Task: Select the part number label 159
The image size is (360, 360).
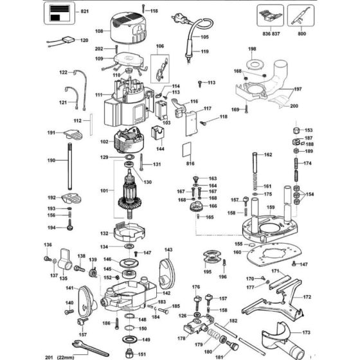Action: (x=271, y=207)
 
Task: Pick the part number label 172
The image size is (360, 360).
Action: (x=307, y=297)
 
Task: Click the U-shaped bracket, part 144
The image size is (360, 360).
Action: (x=159, y=136)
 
